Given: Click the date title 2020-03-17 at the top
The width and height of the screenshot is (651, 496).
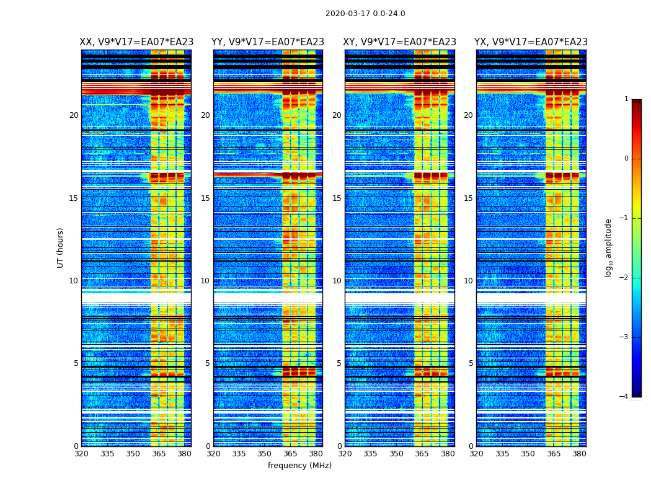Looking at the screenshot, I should (365, 14).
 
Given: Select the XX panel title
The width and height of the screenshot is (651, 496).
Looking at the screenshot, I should (136, 42).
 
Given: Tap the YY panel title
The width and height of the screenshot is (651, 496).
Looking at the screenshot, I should (268, 42).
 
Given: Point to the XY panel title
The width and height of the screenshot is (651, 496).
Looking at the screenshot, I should (399, 42).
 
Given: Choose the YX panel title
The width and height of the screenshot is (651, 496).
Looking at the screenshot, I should (531, 42).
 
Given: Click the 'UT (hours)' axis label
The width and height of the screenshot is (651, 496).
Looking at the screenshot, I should (61, 247).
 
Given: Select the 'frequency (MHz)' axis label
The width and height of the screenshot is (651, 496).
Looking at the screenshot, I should (299, 466).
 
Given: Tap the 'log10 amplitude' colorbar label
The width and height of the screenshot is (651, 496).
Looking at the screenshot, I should (609, 247).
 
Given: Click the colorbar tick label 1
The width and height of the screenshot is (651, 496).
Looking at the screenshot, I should (626, 99).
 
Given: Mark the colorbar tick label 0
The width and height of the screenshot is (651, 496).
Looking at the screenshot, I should (626, 159).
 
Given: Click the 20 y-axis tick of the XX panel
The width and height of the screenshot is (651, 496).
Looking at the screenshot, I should (74, 115).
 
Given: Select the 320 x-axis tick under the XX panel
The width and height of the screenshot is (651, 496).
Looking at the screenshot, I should (81, 454).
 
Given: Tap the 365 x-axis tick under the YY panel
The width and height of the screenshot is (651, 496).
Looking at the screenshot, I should (290, 454).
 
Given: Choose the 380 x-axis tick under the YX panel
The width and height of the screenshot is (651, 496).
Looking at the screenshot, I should (579, 454).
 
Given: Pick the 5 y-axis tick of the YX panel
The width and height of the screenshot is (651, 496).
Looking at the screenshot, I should (471, 363).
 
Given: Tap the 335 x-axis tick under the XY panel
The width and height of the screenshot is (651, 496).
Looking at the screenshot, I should (370, 454).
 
